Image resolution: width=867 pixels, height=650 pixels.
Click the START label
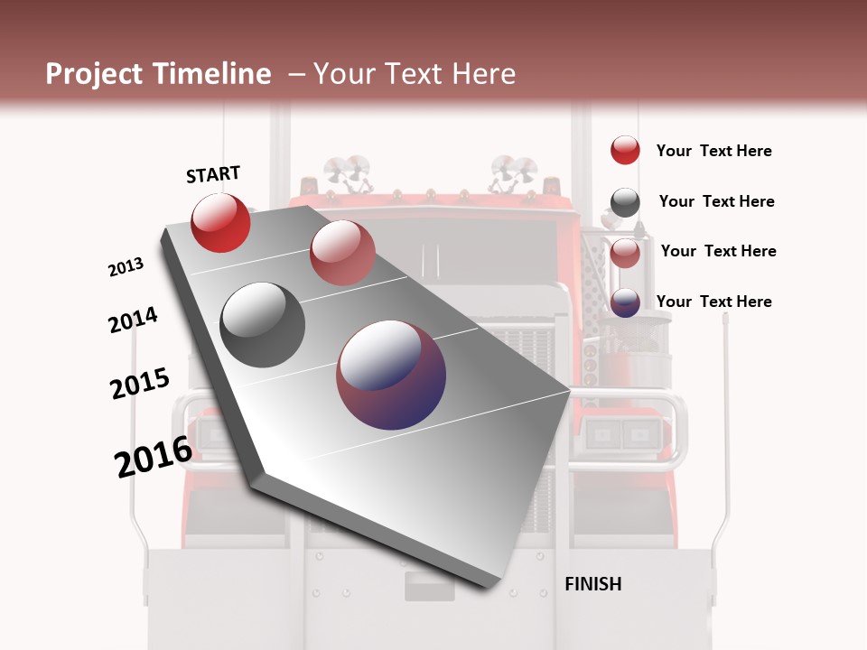(213, 174)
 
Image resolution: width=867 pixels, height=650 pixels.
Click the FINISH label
(592, 584)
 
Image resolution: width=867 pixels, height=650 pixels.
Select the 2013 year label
(126, 267)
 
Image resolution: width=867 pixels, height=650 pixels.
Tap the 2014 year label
(133, 320)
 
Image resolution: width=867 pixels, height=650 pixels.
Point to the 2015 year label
(139, 384)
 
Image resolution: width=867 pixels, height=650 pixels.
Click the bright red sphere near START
(220, 223)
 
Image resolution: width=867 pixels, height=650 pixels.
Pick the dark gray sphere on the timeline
(263, 325)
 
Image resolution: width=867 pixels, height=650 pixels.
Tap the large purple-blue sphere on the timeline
(391, 375)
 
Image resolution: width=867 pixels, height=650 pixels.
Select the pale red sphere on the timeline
(341, 253)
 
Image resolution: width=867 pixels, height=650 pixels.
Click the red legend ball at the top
(625, 151)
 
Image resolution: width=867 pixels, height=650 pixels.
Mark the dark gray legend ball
(625, 203)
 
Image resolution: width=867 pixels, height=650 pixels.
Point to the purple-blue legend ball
(625, 303)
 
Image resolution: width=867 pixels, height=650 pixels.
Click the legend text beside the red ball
(713, 152)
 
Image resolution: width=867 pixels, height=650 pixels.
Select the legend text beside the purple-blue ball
(713, 302)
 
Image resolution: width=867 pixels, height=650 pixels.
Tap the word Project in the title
(93, 74)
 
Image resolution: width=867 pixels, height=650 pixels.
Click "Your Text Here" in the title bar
(414, 74)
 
